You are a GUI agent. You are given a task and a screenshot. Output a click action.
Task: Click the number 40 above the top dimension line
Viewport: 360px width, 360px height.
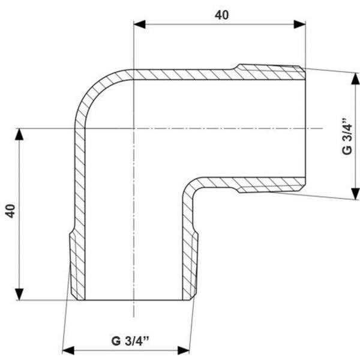222,15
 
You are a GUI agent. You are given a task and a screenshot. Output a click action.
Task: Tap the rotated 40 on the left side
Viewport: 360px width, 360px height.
10,211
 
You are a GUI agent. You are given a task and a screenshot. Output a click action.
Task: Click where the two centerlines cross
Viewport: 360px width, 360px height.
133,128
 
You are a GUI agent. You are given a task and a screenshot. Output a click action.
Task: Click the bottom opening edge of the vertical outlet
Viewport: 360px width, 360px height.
133,300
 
